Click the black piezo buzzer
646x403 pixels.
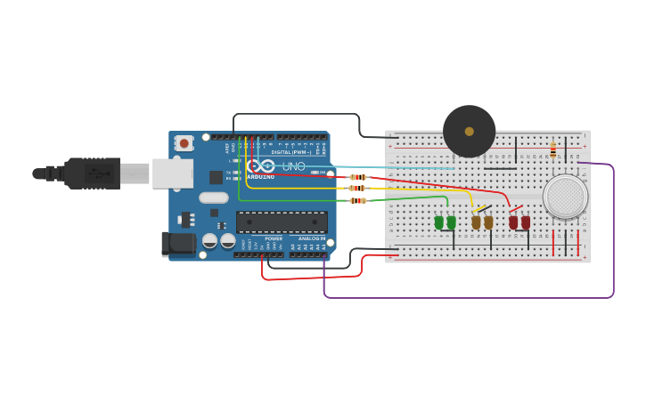point(469,131)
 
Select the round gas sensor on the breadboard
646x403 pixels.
point(565,197)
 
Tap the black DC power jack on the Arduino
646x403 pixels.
point(176,244)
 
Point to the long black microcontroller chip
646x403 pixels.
point(282,222)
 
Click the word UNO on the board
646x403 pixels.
point(293,166)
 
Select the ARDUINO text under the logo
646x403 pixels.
point(261,177)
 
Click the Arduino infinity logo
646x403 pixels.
point(262,165)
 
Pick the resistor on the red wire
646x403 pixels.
point(358,177)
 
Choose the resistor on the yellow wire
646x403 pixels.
point(357,189)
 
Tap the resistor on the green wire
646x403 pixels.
point(358,201)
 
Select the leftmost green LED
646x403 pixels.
point(439,222)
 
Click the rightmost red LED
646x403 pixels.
point(526,222)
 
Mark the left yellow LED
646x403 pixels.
point(477,222)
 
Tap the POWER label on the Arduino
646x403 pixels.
point(274,238)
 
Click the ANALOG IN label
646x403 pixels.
point(311,238)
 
